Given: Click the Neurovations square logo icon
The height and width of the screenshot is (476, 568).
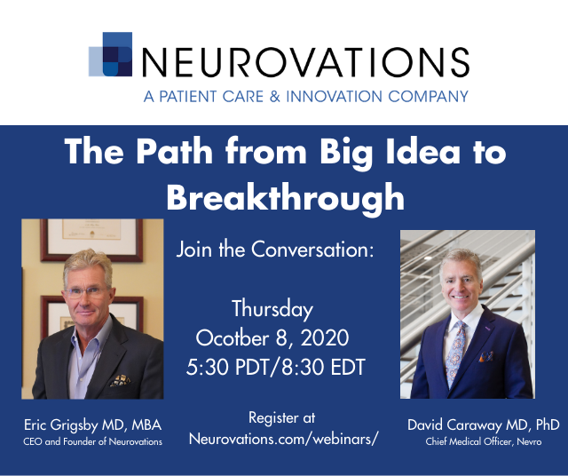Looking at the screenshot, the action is tap(110, 54).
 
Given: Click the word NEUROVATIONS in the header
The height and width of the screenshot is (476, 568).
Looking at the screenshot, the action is tap(305, 62).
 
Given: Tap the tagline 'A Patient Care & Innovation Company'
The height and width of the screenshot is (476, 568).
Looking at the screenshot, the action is tap(306, 97).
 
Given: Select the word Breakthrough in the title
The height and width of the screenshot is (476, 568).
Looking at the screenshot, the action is tap(286, 197).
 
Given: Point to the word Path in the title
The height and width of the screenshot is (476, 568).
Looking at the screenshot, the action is tap(174, 152).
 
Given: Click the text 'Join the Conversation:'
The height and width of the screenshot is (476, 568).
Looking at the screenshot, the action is tap(275, 249).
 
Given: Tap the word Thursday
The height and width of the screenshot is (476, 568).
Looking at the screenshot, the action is tap(272, 309).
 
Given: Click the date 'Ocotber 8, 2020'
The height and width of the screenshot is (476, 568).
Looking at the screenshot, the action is tap(272, 337).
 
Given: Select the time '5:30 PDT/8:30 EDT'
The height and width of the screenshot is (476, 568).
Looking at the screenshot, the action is tap(276, 367).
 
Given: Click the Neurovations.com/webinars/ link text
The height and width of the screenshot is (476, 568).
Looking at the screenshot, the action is tap(283, 439).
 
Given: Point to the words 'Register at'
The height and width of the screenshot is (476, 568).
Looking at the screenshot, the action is tap(282, 417).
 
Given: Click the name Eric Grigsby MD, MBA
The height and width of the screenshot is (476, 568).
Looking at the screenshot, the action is tap(92, 425).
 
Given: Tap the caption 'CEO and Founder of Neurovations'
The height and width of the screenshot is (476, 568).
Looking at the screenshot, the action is tap(92, 441).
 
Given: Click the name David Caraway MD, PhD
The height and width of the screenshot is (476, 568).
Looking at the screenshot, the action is tap(483, 424).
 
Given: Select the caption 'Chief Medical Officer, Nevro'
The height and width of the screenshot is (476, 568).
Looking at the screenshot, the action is tap(484, 441).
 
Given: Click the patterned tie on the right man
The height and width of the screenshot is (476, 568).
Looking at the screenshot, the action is tap(455, 353).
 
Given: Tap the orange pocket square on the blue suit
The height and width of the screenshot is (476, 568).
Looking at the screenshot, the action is tap(486, 356).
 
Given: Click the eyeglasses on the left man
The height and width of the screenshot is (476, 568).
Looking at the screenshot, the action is tap(86, 292).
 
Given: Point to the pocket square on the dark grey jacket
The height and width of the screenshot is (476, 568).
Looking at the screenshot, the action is tap(121, 380).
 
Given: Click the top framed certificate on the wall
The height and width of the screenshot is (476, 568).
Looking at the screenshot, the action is tap(91, 239).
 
